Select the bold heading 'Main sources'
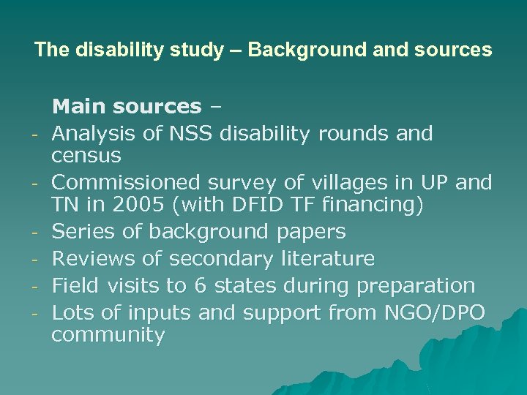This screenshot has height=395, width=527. pyautogui.click(x=127, y=107)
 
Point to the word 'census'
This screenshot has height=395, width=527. pyautogui.click(x=86, y=156)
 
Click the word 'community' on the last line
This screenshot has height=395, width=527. pyautogui.click(x=108, y=336)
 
